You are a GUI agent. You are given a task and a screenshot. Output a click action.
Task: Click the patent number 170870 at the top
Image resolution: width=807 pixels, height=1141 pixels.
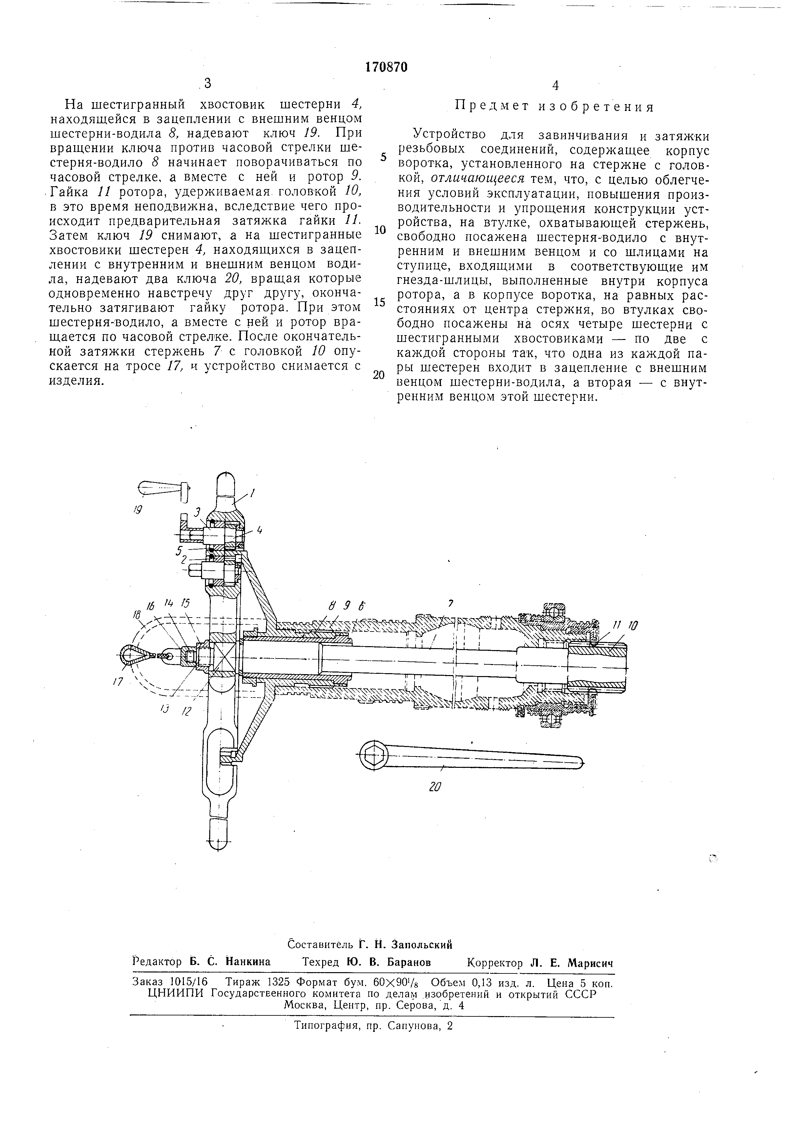pyautogui.click(x=386, y=67)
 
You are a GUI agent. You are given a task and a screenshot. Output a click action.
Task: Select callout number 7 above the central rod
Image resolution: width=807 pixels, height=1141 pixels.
pyautogui.click(x=451, y=603)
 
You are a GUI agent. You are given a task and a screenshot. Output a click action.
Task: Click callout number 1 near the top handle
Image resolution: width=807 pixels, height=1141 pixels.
pyautogui.click(x=253, y=493)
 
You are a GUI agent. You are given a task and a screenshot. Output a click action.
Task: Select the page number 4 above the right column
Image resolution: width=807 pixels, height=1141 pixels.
pyautogui.click(x=555, y=86)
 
